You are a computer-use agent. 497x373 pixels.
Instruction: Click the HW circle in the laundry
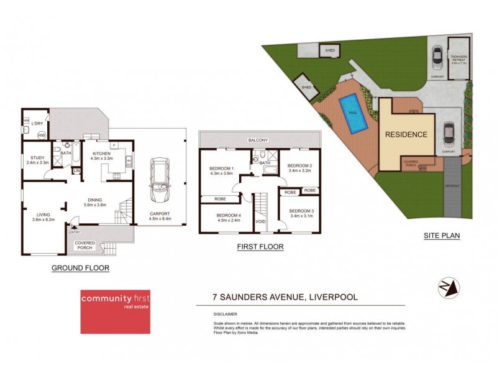(x=42, y=135)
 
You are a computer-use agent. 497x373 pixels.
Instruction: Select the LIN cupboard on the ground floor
(x=77, y=170)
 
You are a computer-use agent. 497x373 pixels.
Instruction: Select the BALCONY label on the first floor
(x=258, y=140)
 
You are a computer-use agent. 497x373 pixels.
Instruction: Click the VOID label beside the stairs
(x=261, y=221)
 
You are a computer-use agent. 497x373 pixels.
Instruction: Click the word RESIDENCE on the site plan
(x=406, y=134)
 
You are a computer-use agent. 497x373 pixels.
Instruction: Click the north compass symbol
(x=449, y=287)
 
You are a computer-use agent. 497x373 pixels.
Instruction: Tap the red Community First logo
(x=115, y=311)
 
